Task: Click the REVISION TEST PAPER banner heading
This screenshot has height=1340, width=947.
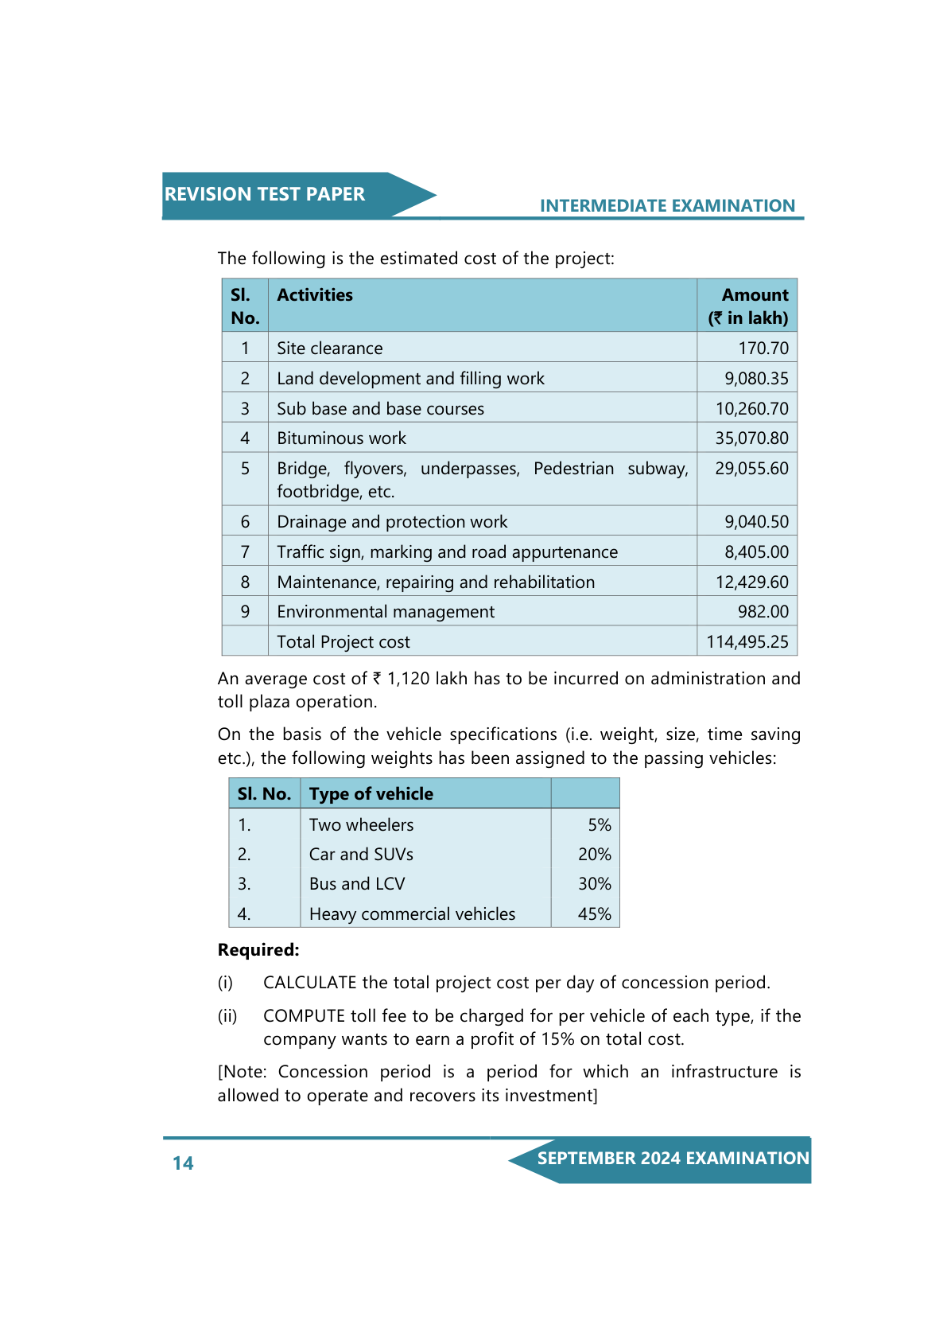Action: pos(265,194)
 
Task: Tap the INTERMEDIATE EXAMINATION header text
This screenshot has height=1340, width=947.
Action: pos(667,206)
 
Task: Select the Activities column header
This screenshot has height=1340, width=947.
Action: pos(315,295)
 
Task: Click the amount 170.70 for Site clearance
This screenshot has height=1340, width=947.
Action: pos(763,349)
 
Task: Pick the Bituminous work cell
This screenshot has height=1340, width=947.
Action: pos(341,438)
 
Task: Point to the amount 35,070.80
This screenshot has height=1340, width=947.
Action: pos(751,438)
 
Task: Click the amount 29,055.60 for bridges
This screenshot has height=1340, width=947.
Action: pos(751,469)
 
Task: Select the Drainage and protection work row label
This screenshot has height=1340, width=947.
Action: pos(392,522)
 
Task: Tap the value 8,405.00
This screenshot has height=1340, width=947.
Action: pos(756,552)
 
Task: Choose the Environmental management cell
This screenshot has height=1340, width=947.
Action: pos(386,612)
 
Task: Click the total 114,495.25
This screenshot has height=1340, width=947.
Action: pos(747,642)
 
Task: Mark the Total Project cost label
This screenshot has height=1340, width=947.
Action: pos(343,642)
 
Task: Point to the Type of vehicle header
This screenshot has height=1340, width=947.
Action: pos(371,794)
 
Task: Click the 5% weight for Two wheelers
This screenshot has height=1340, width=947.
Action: pos(600,825)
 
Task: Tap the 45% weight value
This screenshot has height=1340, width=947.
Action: pos(595,914)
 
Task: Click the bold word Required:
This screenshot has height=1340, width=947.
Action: pos(258,950)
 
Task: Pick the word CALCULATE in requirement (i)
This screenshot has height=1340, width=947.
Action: pos(310,983)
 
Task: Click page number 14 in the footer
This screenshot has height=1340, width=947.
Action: pos(183,1163)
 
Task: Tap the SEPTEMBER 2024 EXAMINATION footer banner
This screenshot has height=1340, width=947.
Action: pos(673,1159)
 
